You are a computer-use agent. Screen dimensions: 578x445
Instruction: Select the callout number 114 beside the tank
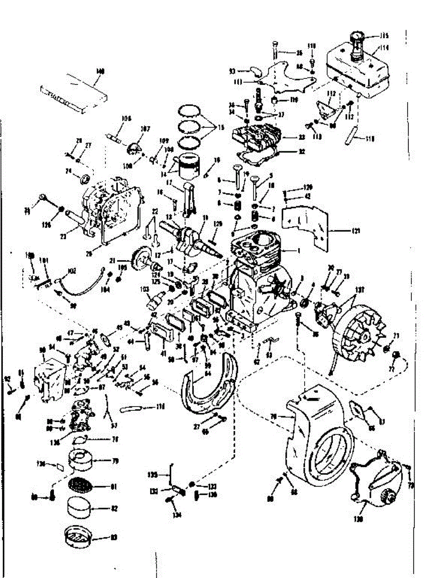point(384,48)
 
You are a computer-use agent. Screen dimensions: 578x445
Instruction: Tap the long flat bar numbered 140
point(72,92)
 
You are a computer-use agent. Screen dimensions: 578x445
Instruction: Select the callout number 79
point(115,461)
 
